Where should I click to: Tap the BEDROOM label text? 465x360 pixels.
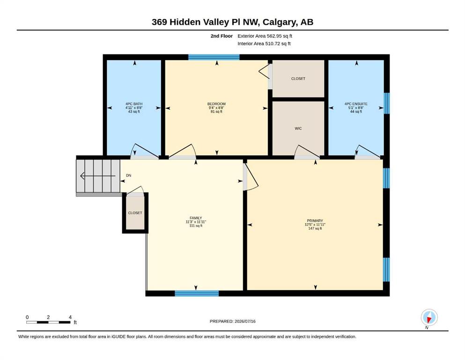point(216,104)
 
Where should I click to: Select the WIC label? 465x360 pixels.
point(298,128)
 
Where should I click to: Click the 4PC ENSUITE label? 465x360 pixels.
point(356,104)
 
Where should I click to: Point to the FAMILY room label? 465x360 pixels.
point(196,218)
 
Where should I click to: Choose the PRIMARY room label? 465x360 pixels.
point(315,221)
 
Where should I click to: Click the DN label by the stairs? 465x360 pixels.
point(128,175)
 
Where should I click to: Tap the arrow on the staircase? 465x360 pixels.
point(98,176)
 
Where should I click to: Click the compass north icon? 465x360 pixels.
point(429,317)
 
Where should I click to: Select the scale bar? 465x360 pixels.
point(48,322)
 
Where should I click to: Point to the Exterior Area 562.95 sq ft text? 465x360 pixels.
point(265,36)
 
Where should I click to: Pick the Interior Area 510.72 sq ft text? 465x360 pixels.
point(264,44)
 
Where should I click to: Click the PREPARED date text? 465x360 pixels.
point(232,321)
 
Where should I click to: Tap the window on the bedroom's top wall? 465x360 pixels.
point(214,57)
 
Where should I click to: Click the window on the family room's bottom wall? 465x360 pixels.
point(197,293)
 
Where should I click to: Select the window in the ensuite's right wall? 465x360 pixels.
point(387,103)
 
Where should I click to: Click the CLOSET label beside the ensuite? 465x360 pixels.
point(298,79)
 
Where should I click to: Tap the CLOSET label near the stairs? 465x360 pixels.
point(135,213)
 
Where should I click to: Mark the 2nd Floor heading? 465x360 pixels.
point(221,36)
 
